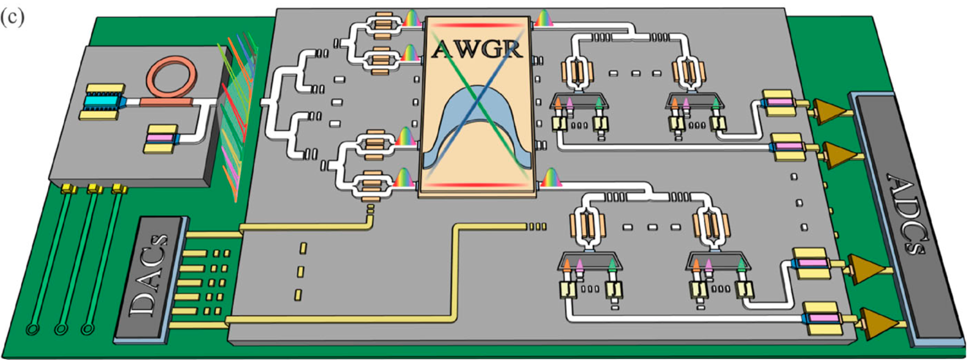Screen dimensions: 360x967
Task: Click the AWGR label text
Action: pyautogui.click(x=477, y=49)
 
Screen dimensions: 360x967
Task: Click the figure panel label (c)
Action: pyautogui.click(x=13, y=17)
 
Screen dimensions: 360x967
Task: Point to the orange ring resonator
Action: pyautogui.click(x=171, y=78)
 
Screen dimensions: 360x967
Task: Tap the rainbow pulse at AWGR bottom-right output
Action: pyautogui.click(x=549, y=178)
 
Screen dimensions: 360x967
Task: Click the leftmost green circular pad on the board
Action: pyautogui.click(x=32, y=329)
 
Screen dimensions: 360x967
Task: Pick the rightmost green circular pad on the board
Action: pyautogui.click(x=87, y=329)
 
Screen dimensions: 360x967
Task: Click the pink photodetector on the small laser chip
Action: pyautogui.click(x=160, y=139)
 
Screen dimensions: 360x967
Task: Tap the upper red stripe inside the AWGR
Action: pyautogui.click(x=477, y=25)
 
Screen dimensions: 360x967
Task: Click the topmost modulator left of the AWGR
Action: pyautogui.click(x=382, y=23)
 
